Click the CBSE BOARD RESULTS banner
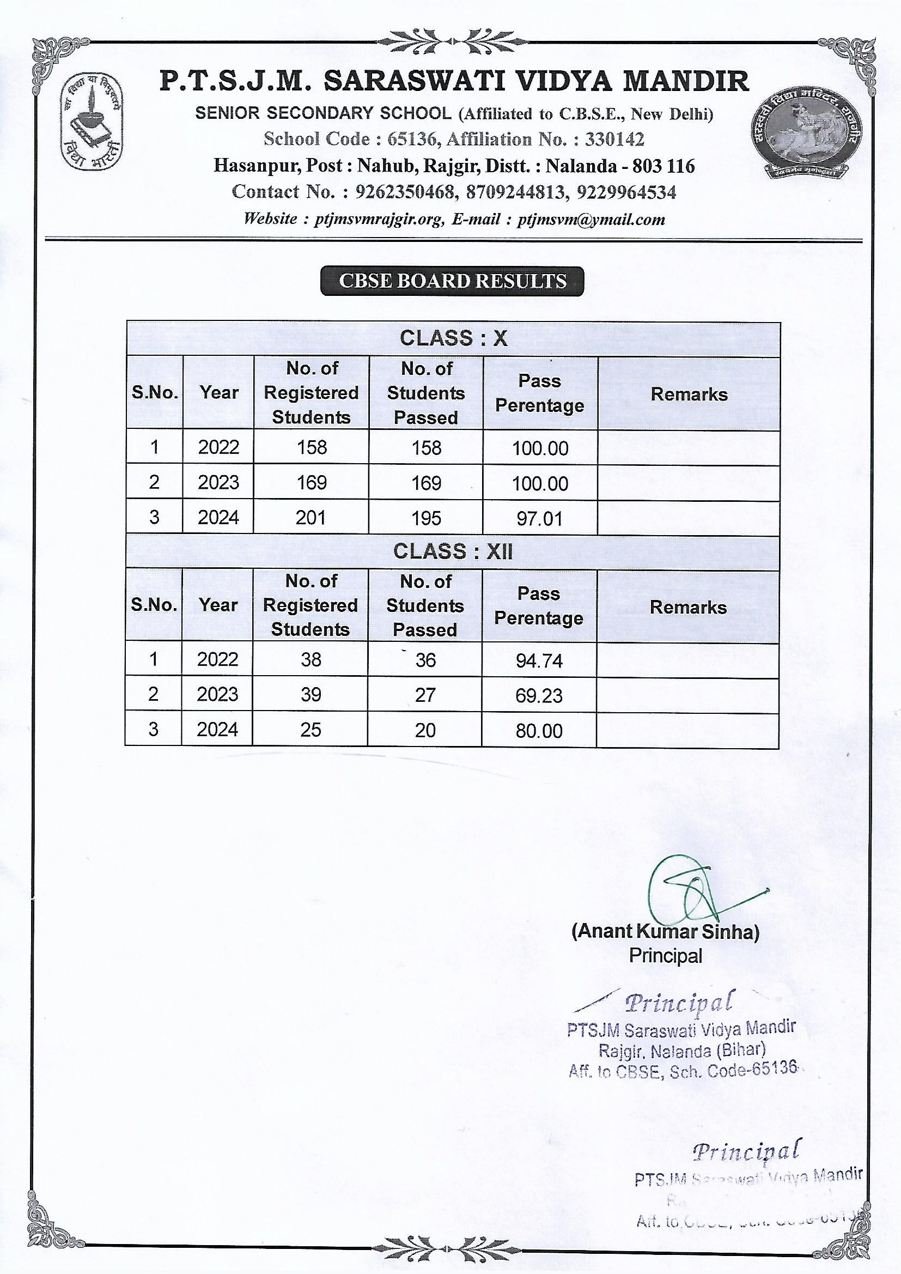point(452,281)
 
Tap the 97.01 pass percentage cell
point(540,519)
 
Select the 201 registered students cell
point(311,518)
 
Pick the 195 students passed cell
point(426,518)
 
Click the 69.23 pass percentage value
point(539,695)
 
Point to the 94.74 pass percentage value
point(539,660)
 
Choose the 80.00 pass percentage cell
point(539,730)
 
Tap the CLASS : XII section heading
point(453,551)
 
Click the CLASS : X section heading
point(453,338)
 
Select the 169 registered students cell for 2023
point(311,482)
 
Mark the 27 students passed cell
point(425,695)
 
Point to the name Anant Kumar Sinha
point(665,932)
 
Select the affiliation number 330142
point(614,139)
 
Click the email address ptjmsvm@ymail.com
point(591,219)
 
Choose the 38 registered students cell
point(311,659)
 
